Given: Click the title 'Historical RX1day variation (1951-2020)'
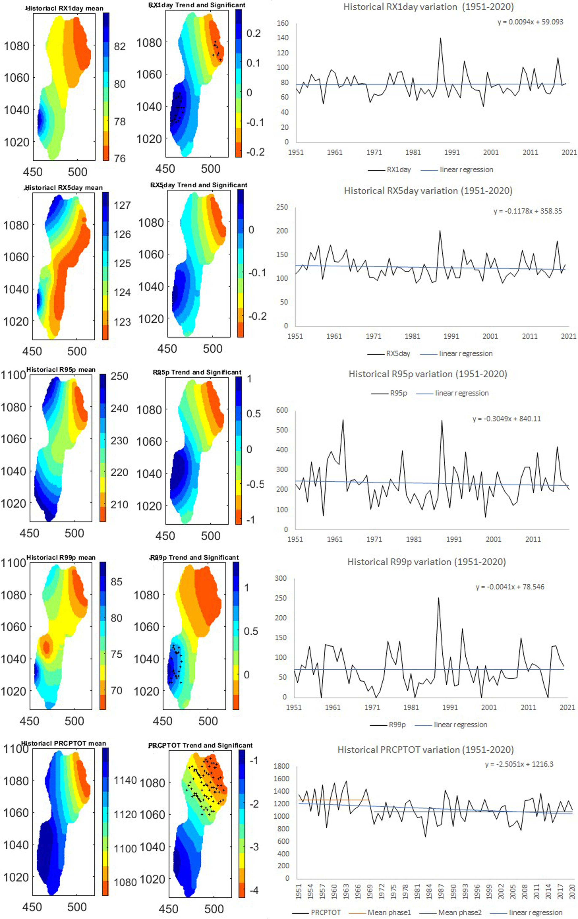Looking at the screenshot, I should click(428, 7).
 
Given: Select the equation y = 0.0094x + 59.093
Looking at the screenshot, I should click(530, 22).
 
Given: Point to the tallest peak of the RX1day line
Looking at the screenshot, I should click(441, 38).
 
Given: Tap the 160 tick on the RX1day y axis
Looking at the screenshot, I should click(283, 23).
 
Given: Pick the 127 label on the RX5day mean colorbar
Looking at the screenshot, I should click(122, 205).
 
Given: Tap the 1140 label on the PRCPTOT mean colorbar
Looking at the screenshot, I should click(125, 780).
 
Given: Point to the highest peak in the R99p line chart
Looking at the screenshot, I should click(438, 598).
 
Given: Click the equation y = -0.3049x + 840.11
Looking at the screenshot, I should click(506, 419).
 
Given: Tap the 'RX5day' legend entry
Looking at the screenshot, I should click(398, 353).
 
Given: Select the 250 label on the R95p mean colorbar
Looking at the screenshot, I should click(119, 376).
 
